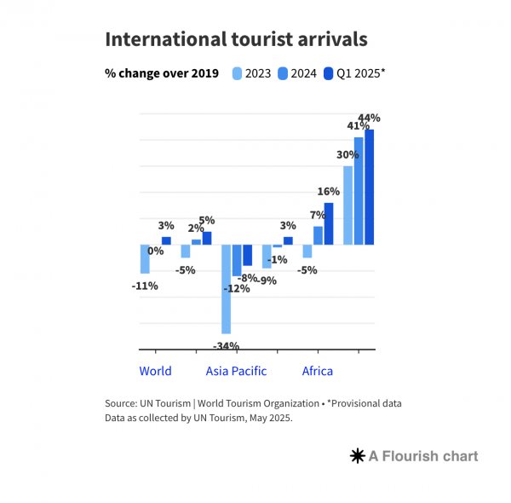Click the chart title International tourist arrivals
[236, 39]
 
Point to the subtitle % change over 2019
[162, 73]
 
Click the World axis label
[155, 371]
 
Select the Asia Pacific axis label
[236, 371]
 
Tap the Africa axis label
[318, 371]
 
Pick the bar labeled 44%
[369, 187]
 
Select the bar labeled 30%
[348, 205]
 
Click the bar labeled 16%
[329, 223]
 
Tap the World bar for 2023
[145, 258]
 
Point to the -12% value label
[236, 288]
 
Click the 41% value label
[358, 126]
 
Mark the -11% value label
[145, 286]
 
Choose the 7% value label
[318, 215]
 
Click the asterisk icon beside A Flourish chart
[358, 456]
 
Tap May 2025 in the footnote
[270, 418]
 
